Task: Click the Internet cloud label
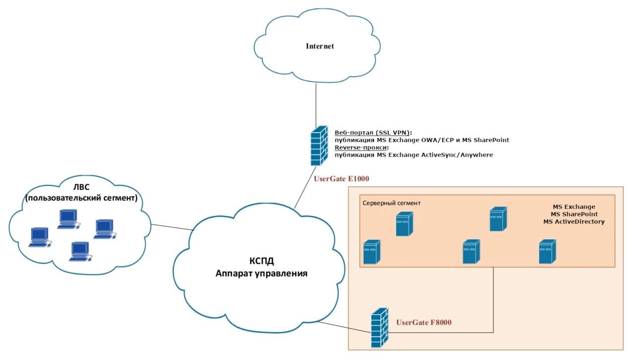point(319,46)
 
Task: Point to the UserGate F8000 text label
point(423,322)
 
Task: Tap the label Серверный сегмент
point(392,203)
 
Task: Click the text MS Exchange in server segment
point(574,206)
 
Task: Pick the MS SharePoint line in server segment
point(574,214)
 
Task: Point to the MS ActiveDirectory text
point(574,221)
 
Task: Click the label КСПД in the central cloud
point(261,261)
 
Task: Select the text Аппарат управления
point(261,273)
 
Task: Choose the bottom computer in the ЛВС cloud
point(79,251)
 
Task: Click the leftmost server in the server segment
point(371,252)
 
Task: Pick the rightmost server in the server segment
point(547,252)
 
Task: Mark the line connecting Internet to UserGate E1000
point(316,104)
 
